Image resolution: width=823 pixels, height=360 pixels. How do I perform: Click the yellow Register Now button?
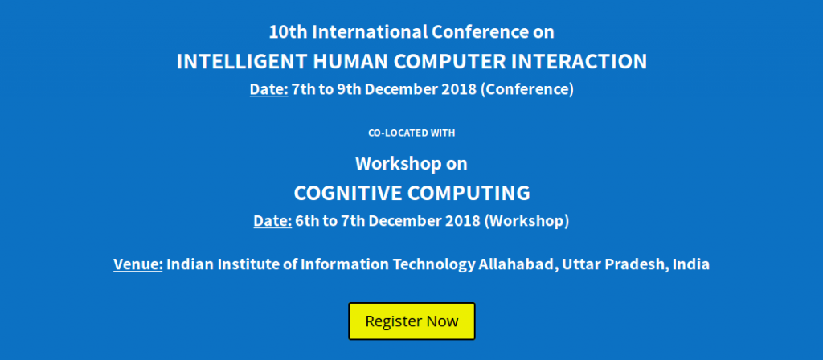[x=411, y=321]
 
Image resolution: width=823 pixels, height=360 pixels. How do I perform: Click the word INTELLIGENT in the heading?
[x=241, y=62]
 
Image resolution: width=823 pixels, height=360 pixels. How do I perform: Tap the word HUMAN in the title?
[x=350, y=62]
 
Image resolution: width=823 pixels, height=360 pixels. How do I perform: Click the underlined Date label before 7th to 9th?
[x=268, y=89]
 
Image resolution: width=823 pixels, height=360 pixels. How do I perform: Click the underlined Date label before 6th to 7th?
[x=272, y=221]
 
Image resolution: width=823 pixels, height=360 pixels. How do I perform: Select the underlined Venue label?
[x=138, y=264]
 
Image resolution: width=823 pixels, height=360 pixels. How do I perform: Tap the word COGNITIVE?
[x=347, y=193]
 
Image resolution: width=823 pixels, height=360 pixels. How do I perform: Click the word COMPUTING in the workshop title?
[x=469, y=193]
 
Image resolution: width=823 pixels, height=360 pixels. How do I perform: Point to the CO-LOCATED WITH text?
[x=411, y=133]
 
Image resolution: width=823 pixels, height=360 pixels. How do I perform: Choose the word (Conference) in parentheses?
[x=527, y=89]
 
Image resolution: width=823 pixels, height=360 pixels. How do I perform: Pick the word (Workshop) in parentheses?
[x=526, y=221]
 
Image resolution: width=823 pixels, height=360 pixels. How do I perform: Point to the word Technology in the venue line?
[x=434, y=264]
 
